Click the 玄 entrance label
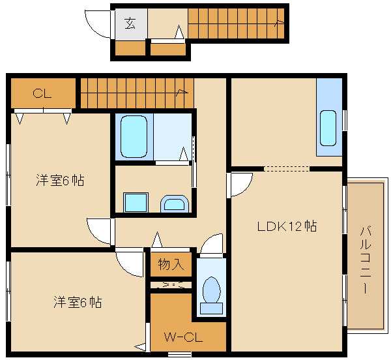pos(130,24)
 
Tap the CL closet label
pos(42,93)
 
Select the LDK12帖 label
pos(287,227)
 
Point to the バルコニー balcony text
pos(366,259)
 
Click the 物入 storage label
pos(171,264)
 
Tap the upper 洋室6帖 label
pos(59,181)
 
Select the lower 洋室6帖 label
pos(77,303)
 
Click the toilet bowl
pos(211,291)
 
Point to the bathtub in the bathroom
pos(134,136)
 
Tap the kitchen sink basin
pos(328,127)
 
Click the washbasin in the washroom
pos(175,204)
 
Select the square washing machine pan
pos(136,203)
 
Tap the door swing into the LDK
pos(240,185)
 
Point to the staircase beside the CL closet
pos(136,93)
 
